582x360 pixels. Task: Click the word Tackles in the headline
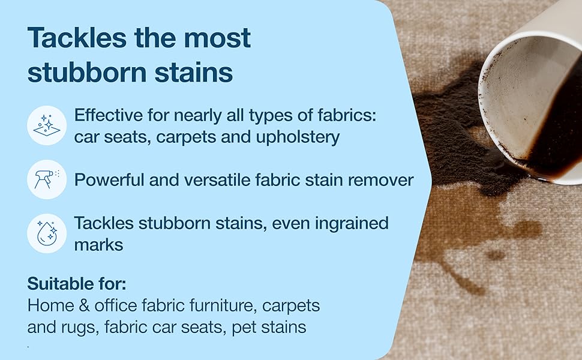pyautogui.click(x=77, y=37)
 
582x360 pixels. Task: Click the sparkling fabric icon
pyautogui.click(x=47, y=125)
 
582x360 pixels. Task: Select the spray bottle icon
pyautogui.click(x=47, y=179)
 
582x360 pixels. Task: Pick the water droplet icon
pyautogui.click(x=47, y=233)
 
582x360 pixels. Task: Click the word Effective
pyautogui.click(x=109, y=115)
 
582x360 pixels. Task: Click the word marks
pyautogui.click(x=99, y=245)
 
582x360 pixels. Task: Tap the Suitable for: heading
pyautogui.click(x=77, y=284)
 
